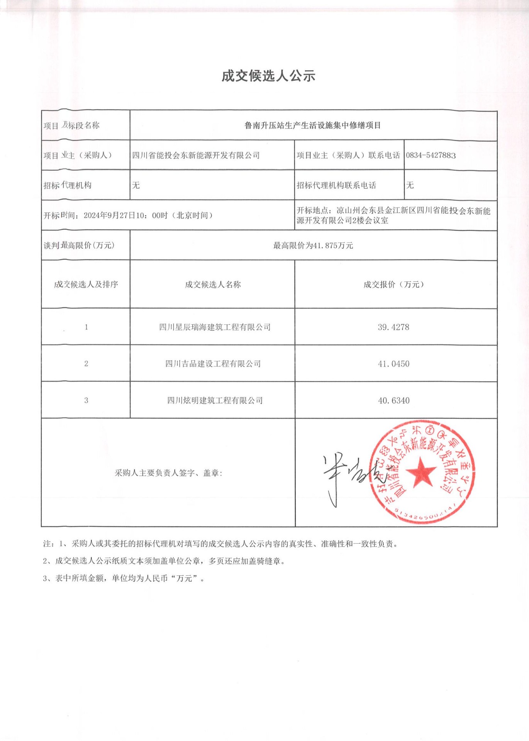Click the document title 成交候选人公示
click(268, 76)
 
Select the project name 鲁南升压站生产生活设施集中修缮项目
click(313, 125)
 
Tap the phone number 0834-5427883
click(431, 155)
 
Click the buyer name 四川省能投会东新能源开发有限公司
click(196, 155)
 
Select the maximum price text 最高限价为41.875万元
click(313, 246)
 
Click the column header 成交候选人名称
click(213, 285)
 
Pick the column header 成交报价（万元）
click(393, 285)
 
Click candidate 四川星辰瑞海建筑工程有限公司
click(215, 327)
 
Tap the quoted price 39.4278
click(393, 327)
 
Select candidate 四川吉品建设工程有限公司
click(213, 364)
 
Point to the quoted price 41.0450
click(393, 364)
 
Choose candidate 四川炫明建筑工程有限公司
click(215, 400)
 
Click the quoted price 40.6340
click(393, 400)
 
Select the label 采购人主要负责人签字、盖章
click(168, 473)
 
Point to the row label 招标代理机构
click(68, 185)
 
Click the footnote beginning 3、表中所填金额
click(124, 578)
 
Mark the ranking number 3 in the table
click(86, 400)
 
